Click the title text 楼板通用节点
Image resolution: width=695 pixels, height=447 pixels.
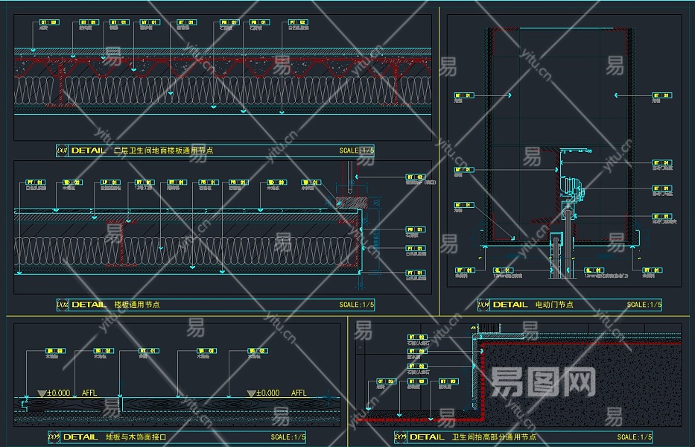(x=137, y=305)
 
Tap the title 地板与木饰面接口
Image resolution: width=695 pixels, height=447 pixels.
(x=136, y=437)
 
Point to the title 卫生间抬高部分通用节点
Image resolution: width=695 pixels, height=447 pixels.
(x=494, y=437)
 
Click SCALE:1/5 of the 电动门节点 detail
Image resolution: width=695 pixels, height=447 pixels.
(x=644, y=305)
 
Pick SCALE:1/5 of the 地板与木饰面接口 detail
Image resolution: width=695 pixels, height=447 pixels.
(x=288, y=437)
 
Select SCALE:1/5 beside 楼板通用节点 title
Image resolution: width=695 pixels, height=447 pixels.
(x=357, y=305)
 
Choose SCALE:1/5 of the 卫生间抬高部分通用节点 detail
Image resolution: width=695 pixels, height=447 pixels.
(x=635, y=437)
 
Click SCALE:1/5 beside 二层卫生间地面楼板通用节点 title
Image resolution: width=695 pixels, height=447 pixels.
(x=357, y=150)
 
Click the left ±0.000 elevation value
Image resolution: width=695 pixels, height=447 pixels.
(x=58, y=393)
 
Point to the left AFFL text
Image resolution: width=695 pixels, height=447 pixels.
(x=89, y=393)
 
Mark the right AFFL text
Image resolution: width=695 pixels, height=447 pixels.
(x=299, y=393)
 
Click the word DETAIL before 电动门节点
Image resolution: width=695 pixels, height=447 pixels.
(x=510, y=305)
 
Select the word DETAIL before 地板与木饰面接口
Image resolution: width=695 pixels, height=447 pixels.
(x=80, y=437)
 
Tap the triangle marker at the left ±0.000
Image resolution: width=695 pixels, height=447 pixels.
(x=41, y=393)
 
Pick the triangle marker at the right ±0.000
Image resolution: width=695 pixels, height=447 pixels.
(x=251, y=393)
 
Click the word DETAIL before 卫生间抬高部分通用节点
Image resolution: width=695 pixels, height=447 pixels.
(x=427, y=437)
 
